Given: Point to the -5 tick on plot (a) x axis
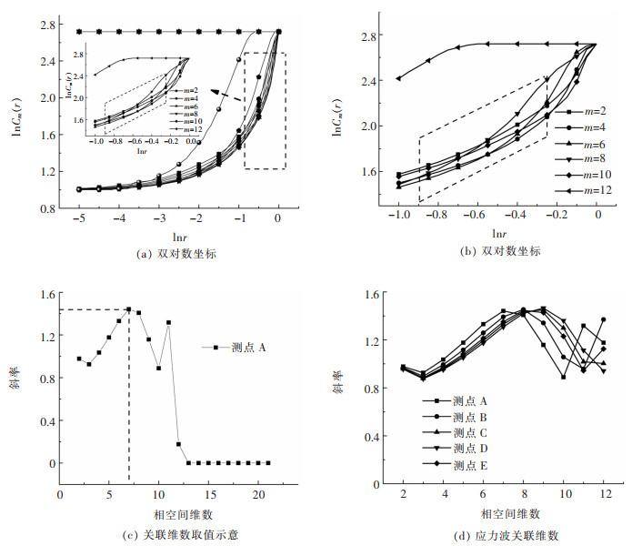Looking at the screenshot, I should coord(79,220).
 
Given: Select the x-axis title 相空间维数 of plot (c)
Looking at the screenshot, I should coord(164,506).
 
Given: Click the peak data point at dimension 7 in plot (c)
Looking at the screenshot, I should coord(129,309).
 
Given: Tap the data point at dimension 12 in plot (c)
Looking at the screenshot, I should coord(178,444).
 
